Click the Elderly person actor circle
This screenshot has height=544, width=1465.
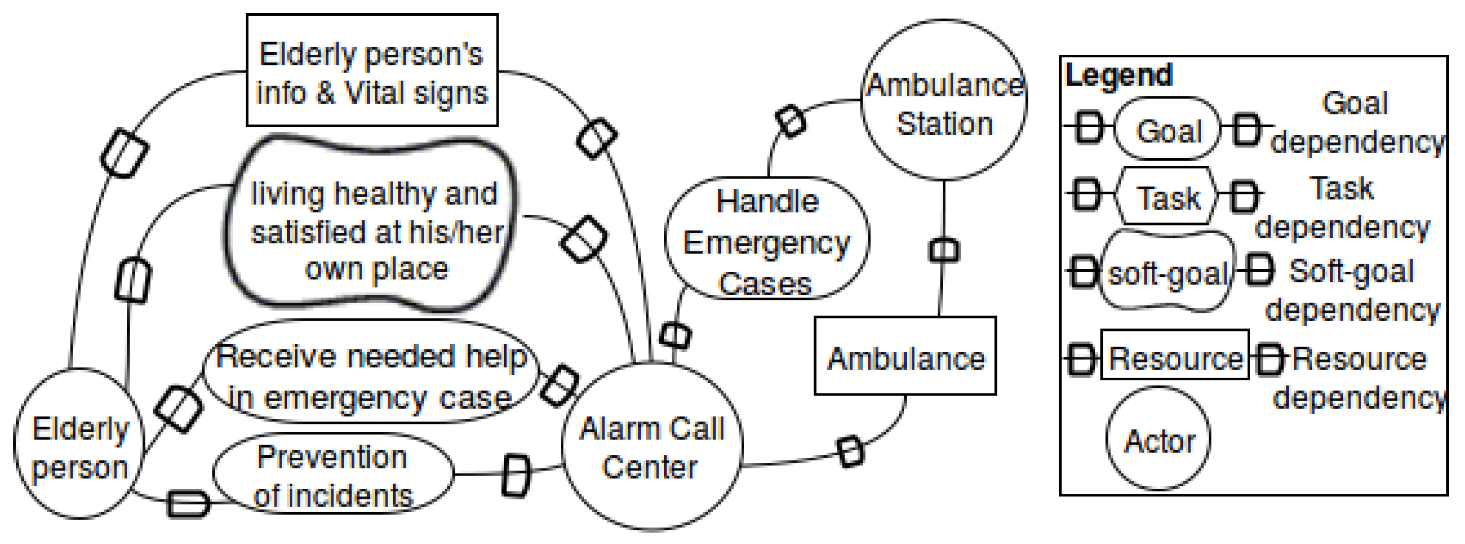80,444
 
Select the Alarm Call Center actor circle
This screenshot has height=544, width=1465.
652,447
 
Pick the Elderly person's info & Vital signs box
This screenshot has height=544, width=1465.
372,71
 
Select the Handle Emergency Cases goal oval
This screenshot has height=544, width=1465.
766,239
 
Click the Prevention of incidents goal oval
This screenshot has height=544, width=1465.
333,475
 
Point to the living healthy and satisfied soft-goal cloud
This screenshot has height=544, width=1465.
373,228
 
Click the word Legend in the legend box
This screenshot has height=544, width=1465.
1118,75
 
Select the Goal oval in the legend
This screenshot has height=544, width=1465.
1168,130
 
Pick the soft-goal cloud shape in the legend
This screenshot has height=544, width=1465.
1167,272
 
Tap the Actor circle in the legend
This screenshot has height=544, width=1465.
1159,439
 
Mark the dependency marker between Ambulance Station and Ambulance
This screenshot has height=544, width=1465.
944,250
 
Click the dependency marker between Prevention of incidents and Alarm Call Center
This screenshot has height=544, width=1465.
516,475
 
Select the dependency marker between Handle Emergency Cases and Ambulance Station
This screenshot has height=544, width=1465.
791,121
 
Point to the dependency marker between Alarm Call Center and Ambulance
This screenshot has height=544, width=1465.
851,452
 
